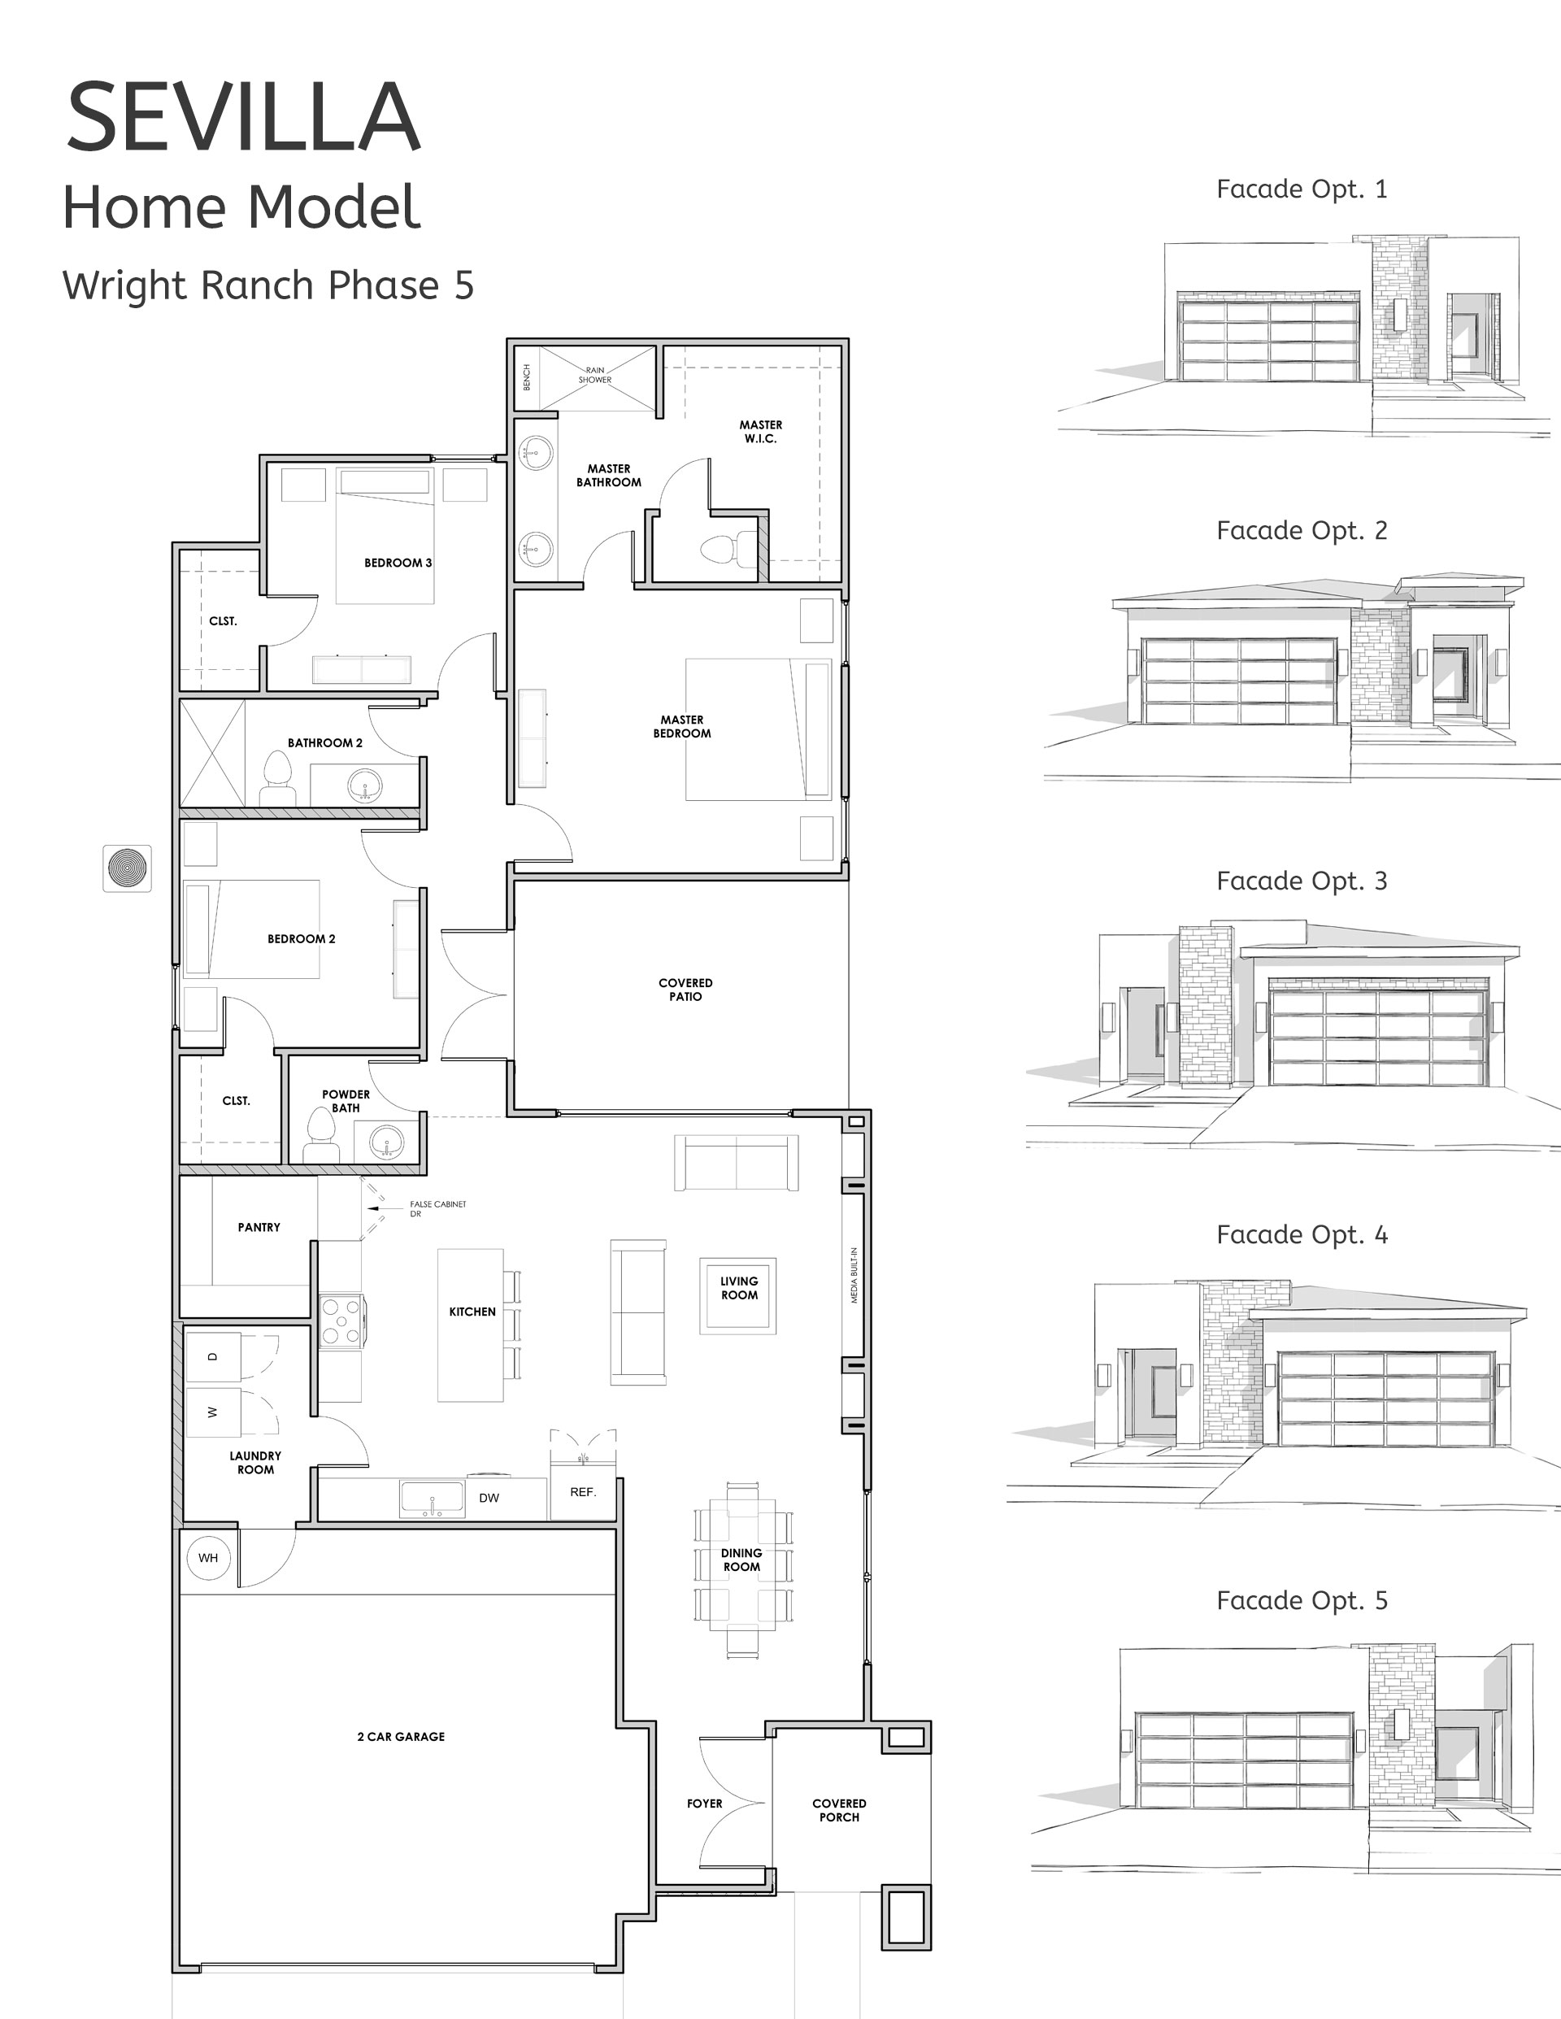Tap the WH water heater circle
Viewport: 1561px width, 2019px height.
(x=208, y=1558)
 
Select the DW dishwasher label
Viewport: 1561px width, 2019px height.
(x=489, y=1498)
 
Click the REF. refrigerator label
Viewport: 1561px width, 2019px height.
(x=583, y=1492)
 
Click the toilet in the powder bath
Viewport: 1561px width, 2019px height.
(x=320, y=1134)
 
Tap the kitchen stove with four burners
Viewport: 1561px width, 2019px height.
(x=341, y=1321)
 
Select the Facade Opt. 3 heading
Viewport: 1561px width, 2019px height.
(x=1302, y=881)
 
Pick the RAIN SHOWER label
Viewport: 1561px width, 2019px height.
(x=595, y=374)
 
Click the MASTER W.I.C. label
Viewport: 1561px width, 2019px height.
(x=761, y=432)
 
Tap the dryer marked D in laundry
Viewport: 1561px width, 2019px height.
(x=214, y=1357)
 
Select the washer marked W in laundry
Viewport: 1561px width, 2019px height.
(x=214, y=1412)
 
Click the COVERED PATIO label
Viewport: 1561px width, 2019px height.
(x=685, y=989)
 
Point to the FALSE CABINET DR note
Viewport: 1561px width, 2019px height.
(x=438, y=1208)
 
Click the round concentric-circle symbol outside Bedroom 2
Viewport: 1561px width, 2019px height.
(x=127, y=868)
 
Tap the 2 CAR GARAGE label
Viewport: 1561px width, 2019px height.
(x=401, y=1736)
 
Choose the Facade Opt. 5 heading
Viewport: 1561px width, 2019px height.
(x=1302, y=1600)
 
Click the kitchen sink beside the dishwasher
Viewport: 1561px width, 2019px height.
(x=432, y=1499)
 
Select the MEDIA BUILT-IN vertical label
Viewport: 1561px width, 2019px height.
(x=854, y=1276)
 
